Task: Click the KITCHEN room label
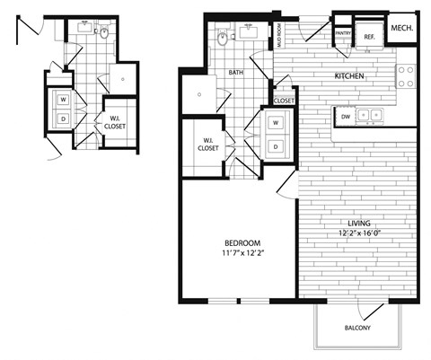[x=349, y=77]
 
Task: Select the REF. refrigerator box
[x=369, y=36]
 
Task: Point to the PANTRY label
[x=342, y=33]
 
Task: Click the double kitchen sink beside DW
[x=371, y=114]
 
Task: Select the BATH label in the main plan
[x=236, y=74]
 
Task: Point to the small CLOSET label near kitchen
[x=285, y=101]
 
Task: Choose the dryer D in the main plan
[x=276, y=145]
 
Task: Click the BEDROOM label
[x=242, y=243]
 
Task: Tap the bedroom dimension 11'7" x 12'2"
[x=242, y=254]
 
